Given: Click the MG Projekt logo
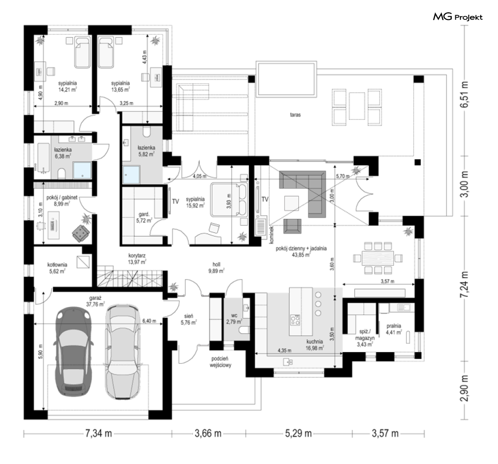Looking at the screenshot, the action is click(x=458, y=17).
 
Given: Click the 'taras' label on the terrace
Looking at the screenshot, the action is click(x=295, y=115).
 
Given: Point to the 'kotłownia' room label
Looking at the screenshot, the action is click(x=57, y=264).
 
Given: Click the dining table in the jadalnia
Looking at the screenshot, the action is click(x=378, y=258).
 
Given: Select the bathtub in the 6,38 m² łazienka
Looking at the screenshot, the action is click(x=44, y=157).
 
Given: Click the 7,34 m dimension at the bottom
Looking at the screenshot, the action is click(x=99, y=433).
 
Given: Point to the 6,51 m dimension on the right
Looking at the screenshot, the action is click(x=465, y=94).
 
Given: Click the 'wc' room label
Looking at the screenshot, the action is click(x=234, y=316).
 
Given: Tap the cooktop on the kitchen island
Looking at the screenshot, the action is click(x=295, y=319).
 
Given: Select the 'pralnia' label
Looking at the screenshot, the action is click(x=394, y=326).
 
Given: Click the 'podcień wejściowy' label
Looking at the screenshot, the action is click(x=221, y=362).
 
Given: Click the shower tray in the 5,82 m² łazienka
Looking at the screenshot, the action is click(x=131, y=174).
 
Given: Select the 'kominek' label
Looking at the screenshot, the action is click(x=271, y=235).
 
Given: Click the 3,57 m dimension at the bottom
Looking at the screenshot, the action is click(x=385, y=433).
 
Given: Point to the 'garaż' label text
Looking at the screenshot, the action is click(x=95, y=298).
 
